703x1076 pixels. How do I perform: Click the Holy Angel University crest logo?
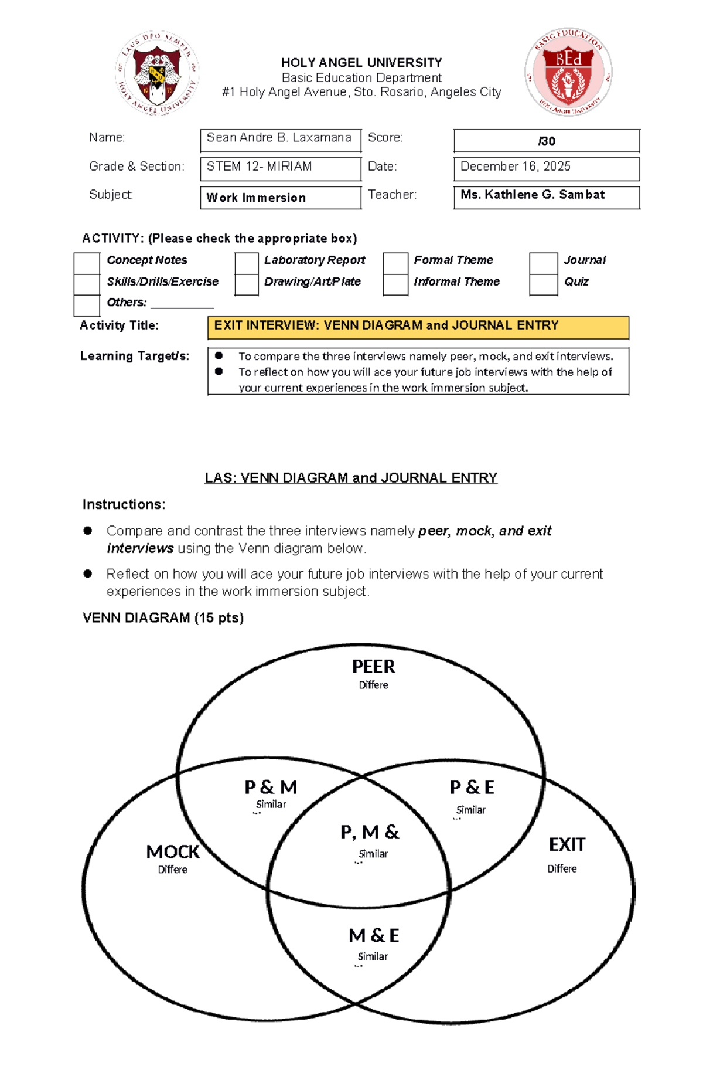[157, 73]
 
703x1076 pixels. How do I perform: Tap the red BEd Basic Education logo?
[568, 72]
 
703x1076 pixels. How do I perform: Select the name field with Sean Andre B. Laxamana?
[279, 139]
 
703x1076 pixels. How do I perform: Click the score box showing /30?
[546, 141]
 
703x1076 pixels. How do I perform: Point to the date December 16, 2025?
[515, 167]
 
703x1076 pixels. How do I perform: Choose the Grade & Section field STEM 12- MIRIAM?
[279, 168]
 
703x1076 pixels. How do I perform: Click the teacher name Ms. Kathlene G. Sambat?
[533, 195]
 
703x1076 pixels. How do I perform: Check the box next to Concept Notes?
[87, 263]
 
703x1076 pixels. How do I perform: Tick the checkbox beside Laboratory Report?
[246, 263]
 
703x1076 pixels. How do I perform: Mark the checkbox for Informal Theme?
[395, 284]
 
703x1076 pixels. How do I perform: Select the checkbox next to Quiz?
[543, 284]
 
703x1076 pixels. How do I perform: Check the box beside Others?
[87, 305]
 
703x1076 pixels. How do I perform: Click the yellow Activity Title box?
[418, 327]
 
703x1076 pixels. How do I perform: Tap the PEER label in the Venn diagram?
[373, 667]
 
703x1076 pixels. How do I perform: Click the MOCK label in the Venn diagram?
[173, 851]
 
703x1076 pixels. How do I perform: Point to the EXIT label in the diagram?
[567, 844]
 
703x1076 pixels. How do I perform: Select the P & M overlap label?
[271, 787]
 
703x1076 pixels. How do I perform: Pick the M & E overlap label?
[374, 935]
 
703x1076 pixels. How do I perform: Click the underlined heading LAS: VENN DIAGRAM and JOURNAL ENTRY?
[351, 478]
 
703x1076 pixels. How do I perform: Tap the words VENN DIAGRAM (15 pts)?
[163, 617]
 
